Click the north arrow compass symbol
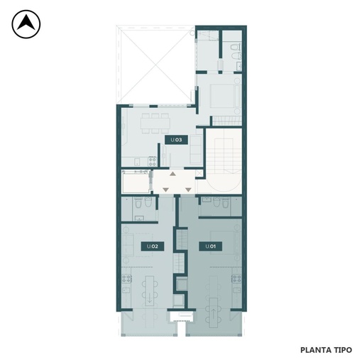(26, 24)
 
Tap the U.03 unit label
(176, 140)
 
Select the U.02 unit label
(153, 246)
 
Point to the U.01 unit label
(210, 246)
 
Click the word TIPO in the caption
(342, 350)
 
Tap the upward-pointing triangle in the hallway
(172, 174)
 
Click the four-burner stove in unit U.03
(153, 161)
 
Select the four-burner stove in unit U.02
(127, 279)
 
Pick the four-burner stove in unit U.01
(236, 279)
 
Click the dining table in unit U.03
(155, 124)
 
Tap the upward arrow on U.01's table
(214, 314)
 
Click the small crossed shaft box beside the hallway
(199, 174)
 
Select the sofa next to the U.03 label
(196, 149)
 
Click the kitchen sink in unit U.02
(126, 290)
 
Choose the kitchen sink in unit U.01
(237, 290)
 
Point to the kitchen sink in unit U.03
(137, 162)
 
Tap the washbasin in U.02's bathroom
(139, 218)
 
